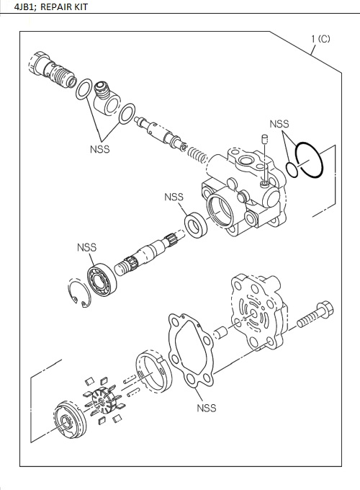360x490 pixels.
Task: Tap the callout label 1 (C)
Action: coord(320,39)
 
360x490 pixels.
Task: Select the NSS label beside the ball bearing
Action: coord(86,248)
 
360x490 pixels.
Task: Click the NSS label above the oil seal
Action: coord(174,197)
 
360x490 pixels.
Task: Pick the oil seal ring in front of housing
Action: coord(194,223)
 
